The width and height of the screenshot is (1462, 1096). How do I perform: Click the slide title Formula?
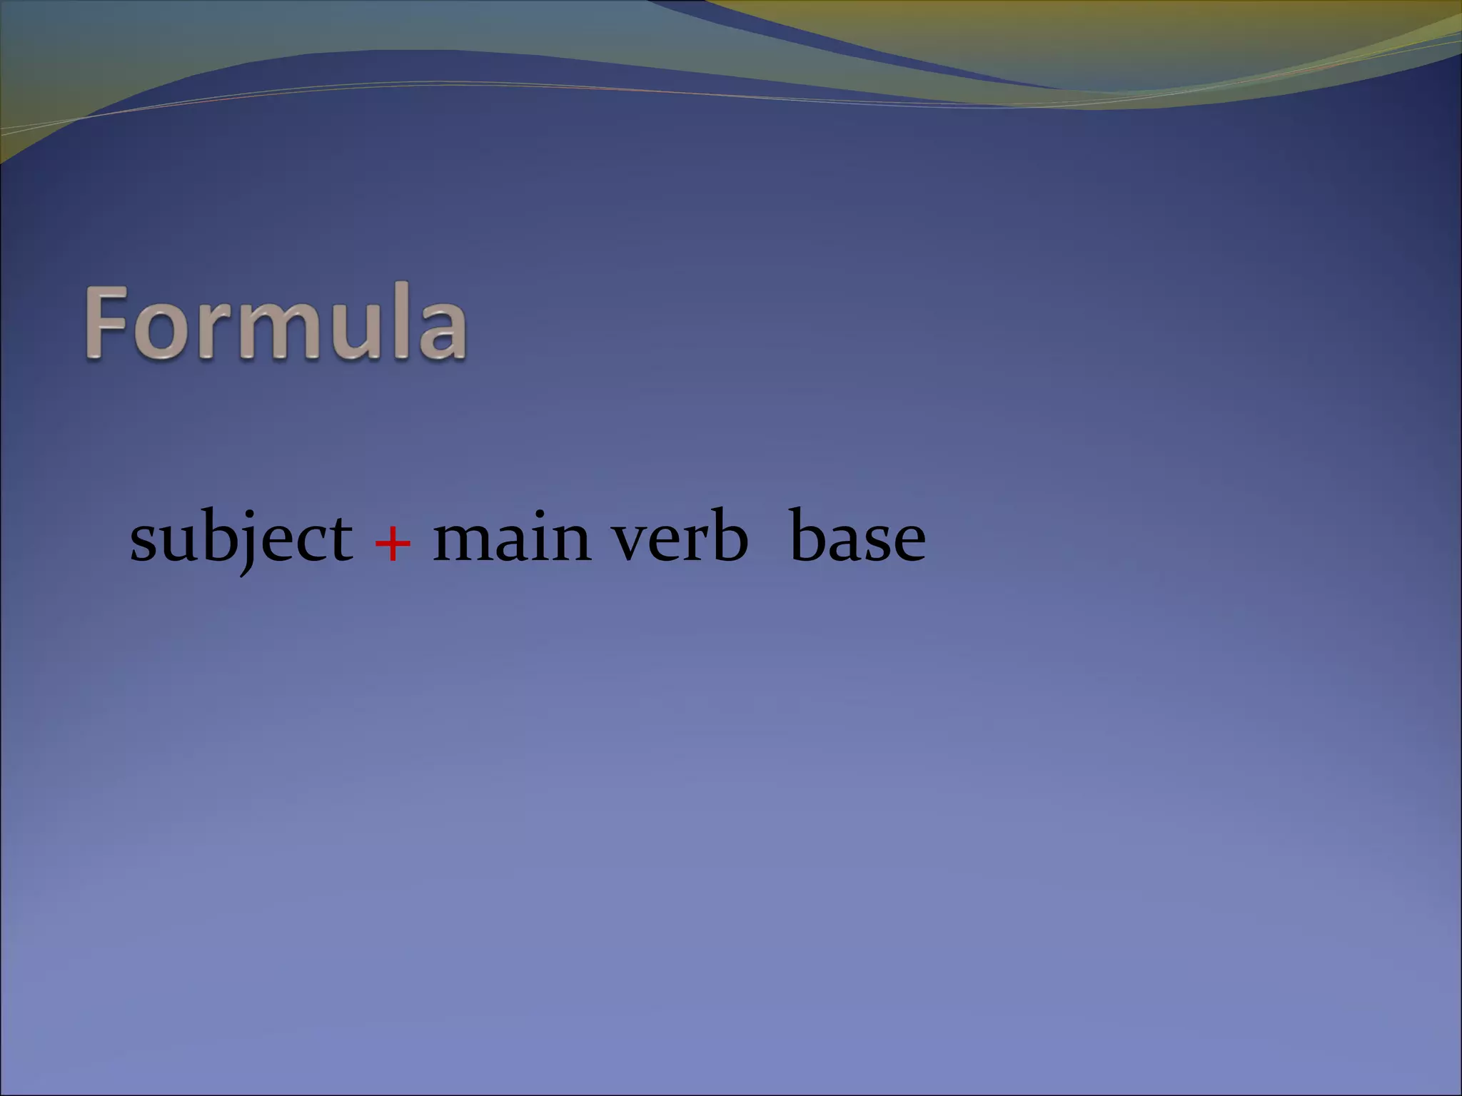pyautogui.click(x=276, y=323)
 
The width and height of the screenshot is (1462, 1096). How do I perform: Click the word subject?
pyautogui.click(x=241, y=539)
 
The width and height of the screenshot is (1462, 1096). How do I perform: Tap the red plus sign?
pyautogui.click(x=393, y=543)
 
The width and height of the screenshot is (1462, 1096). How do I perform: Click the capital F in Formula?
pyautogui.click(x=107, y=323)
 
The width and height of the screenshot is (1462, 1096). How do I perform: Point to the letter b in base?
pyautogui.click(x=807, y=535)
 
